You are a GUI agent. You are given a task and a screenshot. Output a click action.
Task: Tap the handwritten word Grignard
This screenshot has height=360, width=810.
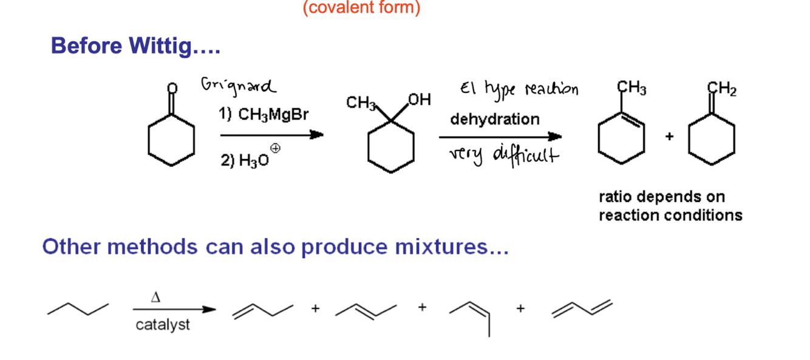[x=238, y=87]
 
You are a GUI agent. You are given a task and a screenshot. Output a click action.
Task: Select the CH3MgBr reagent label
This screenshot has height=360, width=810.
[x=273, y=115]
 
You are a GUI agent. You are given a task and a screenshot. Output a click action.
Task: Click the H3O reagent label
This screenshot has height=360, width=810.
[x=254, y=160]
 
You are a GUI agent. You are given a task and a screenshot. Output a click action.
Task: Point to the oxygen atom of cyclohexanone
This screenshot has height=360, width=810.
[x=172, y=88]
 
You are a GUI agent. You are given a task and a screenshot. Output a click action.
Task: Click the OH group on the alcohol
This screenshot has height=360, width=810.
[x=420, y=100]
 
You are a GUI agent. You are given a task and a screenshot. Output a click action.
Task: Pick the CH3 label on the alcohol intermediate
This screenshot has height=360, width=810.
[x=361, y=103]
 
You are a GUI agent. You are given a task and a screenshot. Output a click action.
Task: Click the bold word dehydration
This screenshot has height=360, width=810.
[x=495, y=119]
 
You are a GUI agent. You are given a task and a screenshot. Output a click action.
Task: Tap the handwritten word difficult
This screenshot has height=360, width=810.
[x=526, y=155]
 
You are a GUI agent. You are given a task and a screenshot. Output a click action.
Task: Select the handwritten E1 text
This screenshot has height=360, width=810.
[x=468, y=88]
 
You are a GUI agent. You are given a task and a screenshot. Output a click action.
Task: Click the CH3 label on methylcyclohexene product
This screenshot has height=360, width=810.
[x=631, y=88]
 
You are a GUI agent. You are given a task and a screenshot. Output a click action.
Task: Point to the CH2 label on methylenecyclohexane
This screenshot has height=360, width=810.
[x=722, y=89]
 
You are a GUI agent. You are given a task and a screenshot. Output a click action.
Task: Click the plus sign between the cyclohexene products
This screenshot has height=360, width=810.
[x=669, y=136]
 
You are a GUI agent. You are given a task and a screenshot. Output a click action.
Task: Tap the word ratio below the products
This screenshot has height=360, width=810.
[x=616, y=197]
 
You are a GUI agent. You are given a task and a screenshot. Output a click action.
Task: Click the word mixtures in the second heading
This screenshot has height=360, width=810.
[x=452, y=247]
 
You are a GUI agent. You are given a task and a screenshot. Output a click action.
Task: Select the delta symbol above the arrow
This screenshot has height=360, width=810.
[x=155, y=297]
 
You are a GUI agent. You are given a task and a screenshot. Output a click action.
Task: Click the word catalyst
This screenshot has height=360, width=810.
[x=163, y=325]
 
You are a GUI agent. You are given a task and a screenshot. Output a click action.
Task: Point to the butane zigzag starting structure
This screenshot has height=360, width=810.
[x=78, y=308]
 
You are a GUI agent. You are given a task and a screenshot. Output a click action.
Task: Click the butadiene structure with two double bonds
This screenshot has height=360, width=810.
[x=582, y=308]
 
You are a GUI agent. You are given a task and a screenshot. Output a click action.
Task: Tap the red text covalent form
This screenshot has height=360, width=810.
[x=362, y=7]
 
